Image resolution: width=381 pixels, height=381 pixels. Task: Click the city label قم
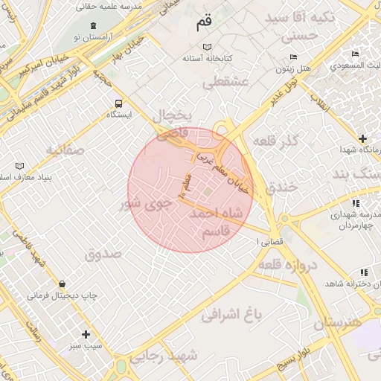[x=203, y=23]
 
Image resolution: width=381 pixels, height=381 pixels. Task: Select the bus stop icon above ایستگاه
[x=118, y=104]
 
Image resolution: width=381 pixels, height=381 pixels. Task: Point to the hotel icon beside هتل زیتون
[x=293, y=57]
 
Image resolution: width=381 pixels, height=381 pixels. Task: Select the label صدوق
[x=102, y=254]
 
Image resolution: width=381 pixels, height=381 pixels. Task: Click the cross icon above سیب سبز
[x=86, y=335]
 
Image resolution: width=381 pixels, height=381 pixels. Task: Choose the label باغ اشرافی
[x=232, y=315]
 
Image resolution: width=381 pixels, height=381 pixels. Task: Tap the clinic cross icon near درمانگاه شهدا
[x=362, y=138]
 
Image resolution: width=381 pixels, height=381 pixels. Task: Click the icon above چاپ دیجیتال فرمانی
[x=62, y=284]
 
